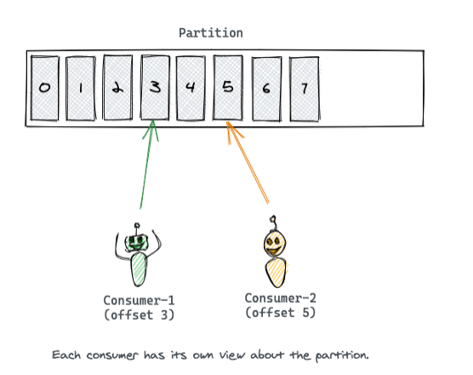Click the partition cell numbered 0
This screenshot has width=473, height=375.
coord(43,89)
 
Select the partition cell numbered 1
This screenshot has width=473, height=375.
coord(81,89)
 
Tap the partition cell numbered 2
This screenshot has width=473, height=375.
coord(117,89)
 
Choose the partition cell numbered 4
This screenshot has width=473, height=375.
coord(191,88)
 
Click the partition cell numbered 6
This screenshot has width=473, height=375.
coord(265,89)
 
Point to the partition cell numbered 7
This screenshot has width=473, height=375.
coord(303,89)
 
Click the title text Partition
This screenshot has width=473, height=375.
coord(210,32)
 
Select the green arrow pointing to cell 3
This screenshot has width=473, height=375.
coord(147,166)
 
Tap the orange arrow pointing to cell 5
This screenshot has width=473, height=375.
coord(248,164)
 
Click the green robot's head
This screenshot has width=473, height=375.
coord(137,242)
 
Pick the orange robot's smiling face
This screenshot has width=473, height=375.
coord(273,244)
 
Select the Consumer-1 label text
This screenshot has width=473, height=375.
coord(138,300)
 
